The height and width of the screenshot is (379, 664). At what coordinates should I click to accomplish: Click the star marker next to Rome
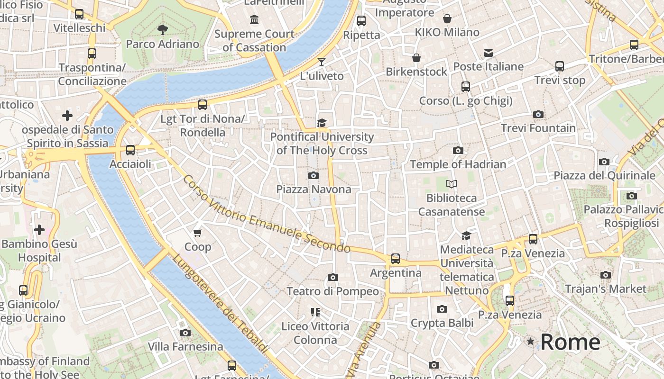pos(530,341)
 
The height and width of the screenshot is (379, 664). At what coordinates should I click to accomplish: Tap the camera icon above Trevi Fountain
pos(538,114)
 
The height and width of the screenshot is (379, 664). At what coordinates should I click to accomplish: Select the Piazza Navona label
pos(314,189)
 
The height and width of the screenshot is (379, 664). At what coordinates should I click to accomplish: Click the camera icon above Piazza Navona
pos(313,175)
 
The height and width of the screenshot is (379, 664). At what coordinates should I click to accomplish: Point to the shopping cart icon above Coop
pos(198,233)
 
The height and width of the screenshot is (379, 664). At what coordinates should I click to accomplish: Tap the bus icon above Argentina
pos(396,259)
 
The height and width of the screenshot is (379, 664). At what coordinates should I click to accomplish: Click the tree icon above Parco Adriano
pos(163,30)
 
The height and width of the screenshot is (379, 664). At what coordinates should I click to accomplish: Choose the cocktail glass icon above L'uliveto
pos(322,62)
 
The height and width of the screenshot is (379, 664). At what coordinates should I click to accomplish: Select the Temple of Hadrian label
pos(458,164)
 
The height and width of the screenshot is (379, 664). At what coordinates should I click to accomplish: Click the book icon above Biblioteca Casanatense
pos(452,184)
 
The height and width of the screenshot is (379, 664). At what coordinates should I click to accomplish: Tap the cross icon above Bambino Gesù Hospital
pos(39,230)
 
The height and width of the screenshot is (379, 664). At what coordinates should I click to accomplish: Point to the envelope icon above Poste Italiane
pos(489,53)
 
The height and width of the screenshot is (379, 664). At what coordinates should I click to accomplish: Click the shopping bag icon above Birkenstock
pos(416,58)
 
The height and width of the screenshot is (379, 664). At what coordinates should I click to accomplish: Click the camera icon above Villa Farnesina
pos(185,333)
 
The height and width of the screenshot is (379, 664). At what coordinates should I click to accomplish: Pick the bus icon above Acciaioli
pos(130,150)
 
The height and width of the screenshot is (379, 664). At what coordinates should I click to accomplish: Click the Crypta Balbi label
pos(442,323)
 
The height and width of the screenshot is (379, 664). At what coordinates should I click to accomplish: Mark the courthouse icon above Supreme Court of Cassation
pos(254,20)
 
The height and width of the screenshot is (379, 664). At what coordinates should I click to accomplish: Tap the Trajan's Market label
pos(605,289)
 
